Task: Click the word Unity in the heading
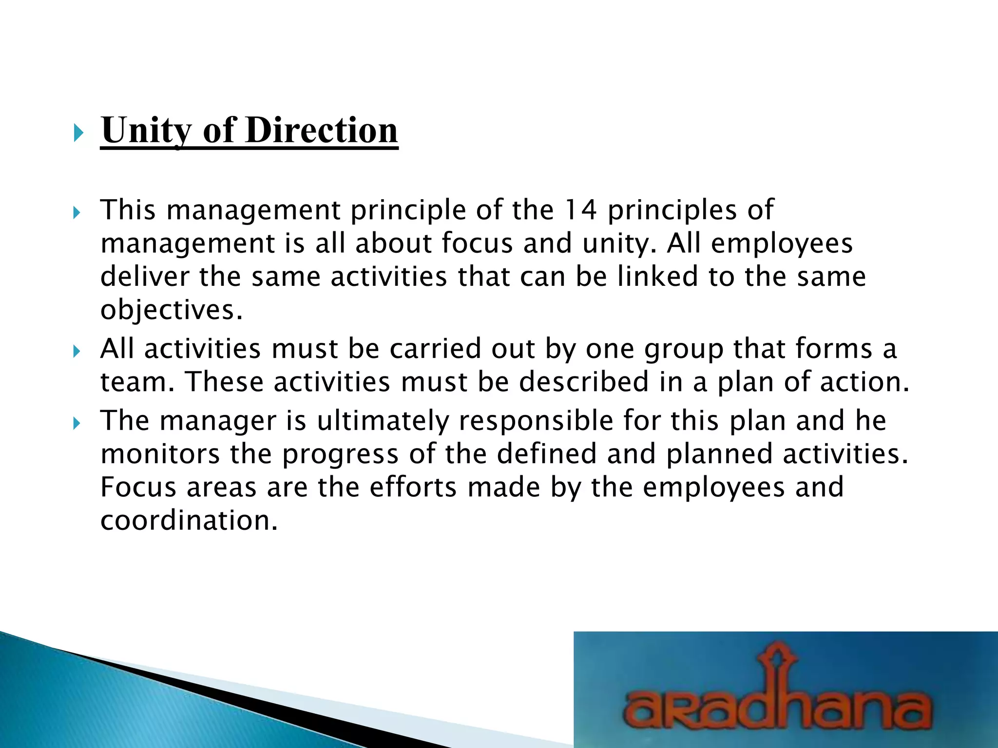pos(146,131)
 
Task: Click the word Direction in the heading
pos(322,131)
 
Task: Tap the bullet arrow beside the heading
pos(78,132)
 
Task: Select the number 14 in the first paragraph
pos(580,210)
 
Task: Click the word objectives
pos(171,310)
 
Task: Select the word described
pos(583,382)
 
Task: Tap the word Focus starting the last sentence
pos(138,487)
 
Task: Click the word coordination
pos(189,521)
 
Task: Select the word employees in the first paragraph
pos(782,243)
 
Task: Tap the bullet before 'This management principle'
pos(77,213)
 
